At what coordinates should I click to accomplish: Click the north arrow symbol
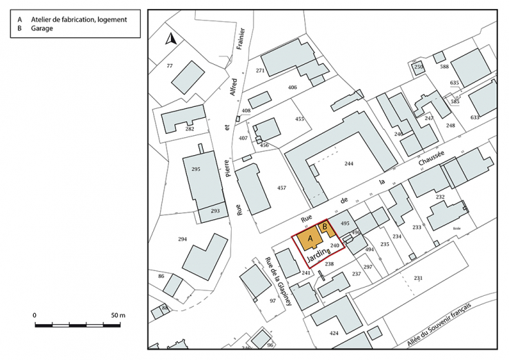tap(170, 39)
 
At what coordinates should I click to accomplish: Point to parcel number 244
tap(349, 163)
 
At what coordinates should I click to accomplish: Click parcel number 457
tap(281, 188)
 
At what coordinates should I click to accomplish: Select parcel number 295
tap(196, 169)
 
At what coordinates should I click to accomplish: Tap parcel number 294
tap(183, 239)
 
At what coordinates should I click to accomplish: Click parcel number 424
tap(334, 333)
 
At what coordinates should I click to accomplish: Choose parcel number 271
tap(260, 71)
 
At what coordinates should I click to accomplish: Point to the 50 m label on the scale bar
tap(117, 315)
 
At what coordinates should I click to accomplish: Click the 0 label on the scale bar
tap(34, 315)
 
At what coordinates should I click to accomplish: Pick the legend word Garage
tap(42, 30)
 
